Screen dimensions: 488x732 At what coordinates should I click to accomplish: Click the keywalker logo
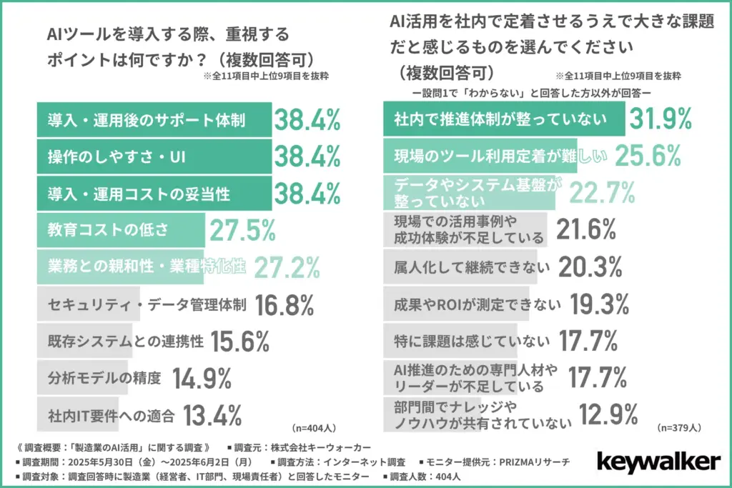click(658, 462)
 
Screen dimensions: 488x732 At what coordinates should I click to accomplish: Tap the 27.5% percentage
click(242, 230)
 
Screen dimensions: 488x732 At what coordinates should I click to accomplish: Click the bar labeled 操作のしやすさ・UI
click(153, 156)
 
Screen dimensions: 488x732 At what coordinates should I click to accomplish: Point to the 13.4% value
click(212, 414)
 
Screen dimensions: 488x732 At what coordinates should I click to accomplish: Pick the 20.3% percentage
click(594, 267)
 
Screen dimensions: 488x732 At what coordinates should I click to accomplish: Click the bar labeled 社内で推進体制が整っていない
click(505, 119)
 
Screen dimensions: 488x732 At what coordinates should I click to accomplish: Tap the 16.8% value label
click(285, 304)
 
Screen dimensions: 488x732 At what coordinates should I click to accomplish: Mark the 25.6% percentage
click(645, 156)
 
